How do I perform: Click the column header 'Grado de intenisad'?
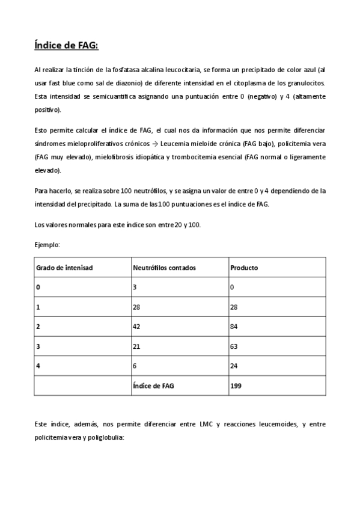[x=64, y=268]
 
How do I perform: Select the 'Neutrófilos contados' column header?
[x=164, y=268]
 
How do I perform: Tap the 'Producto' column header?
[x=244, y=268]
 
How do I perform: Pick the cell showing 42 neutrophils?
[x=136, y=327]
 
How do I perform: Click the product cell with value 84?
[x=234, y=327]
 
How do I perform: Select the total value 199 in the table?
[x=236, y=386]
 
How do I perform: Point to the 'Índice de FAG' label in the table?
[x=153, y=386]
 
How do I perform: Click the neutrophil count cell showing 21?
[x=136, y=346]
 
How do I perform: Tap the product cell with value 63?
[x=234, y=346]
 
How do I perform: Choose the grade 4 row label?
[x=38, y=366]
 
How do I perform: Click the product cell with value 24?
[x=234, y=366]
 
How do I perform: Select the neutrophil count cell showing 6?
[x=135, y=366]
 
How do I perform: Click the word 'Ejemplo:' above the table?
[x=47, y=245]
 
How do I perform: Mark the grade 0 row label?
[x=38, y=287]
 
